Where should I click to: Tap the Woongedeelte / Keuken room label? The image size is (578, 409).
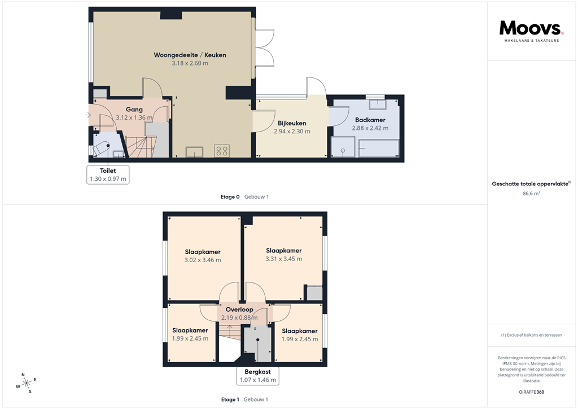click(x=190, y=55)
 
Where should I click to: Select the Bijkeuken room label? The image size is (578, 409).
click(x=292, y=123)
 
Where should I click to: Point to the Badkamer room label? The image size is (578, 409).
click(x=371, y=120)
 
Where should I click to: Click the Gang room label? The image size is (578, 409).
click(x=134, y=110)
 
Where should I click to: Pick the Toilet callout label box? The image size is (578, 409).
click(x=108, y=175)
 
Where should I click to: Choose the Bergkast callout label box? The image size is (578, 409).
click(x=257, y=376)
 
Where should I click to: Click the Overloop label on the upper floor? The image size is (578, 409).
click(x=239, y=310)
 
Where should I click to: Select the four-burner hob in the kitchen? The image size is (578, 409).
click(x=221, y=151)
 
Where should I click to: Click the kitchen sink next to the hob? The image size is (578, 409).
click(x=195, y=151)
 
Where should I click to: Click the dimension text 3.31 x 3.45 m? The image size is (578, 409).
click(x=284, y=259)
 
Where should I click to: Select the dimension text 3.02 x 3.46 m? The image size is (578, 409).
click(x=203, y=260)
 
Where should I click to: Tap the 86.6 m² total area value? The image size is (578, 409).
click(x=531, y=193)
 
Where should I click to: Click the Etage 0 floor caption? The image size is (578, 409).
click(x=230, y=197)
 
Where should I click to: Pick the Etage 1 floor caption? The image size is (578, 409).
click(x=230, y=399)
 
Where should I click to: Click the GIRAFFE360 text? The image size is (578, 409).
click(x=531, y=392)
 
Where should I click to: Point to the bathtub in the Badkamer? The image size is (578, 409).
click(x=379, y=149)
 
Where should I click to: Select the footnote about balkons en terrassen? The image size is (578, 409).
click(x=531, y=335)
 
